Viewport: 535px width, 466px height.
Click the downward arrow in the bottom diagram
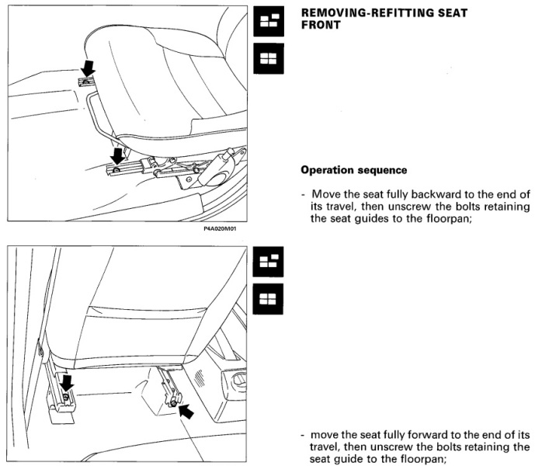(x=67, y=381)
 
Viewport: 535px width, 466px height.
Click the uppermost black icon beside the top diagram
(x=269, y=23)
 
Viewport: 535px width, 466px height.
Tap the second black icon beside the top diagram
(x=269, y=58)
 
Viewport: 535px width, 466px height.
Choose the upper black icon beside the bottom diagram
(x=269, y=262)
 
